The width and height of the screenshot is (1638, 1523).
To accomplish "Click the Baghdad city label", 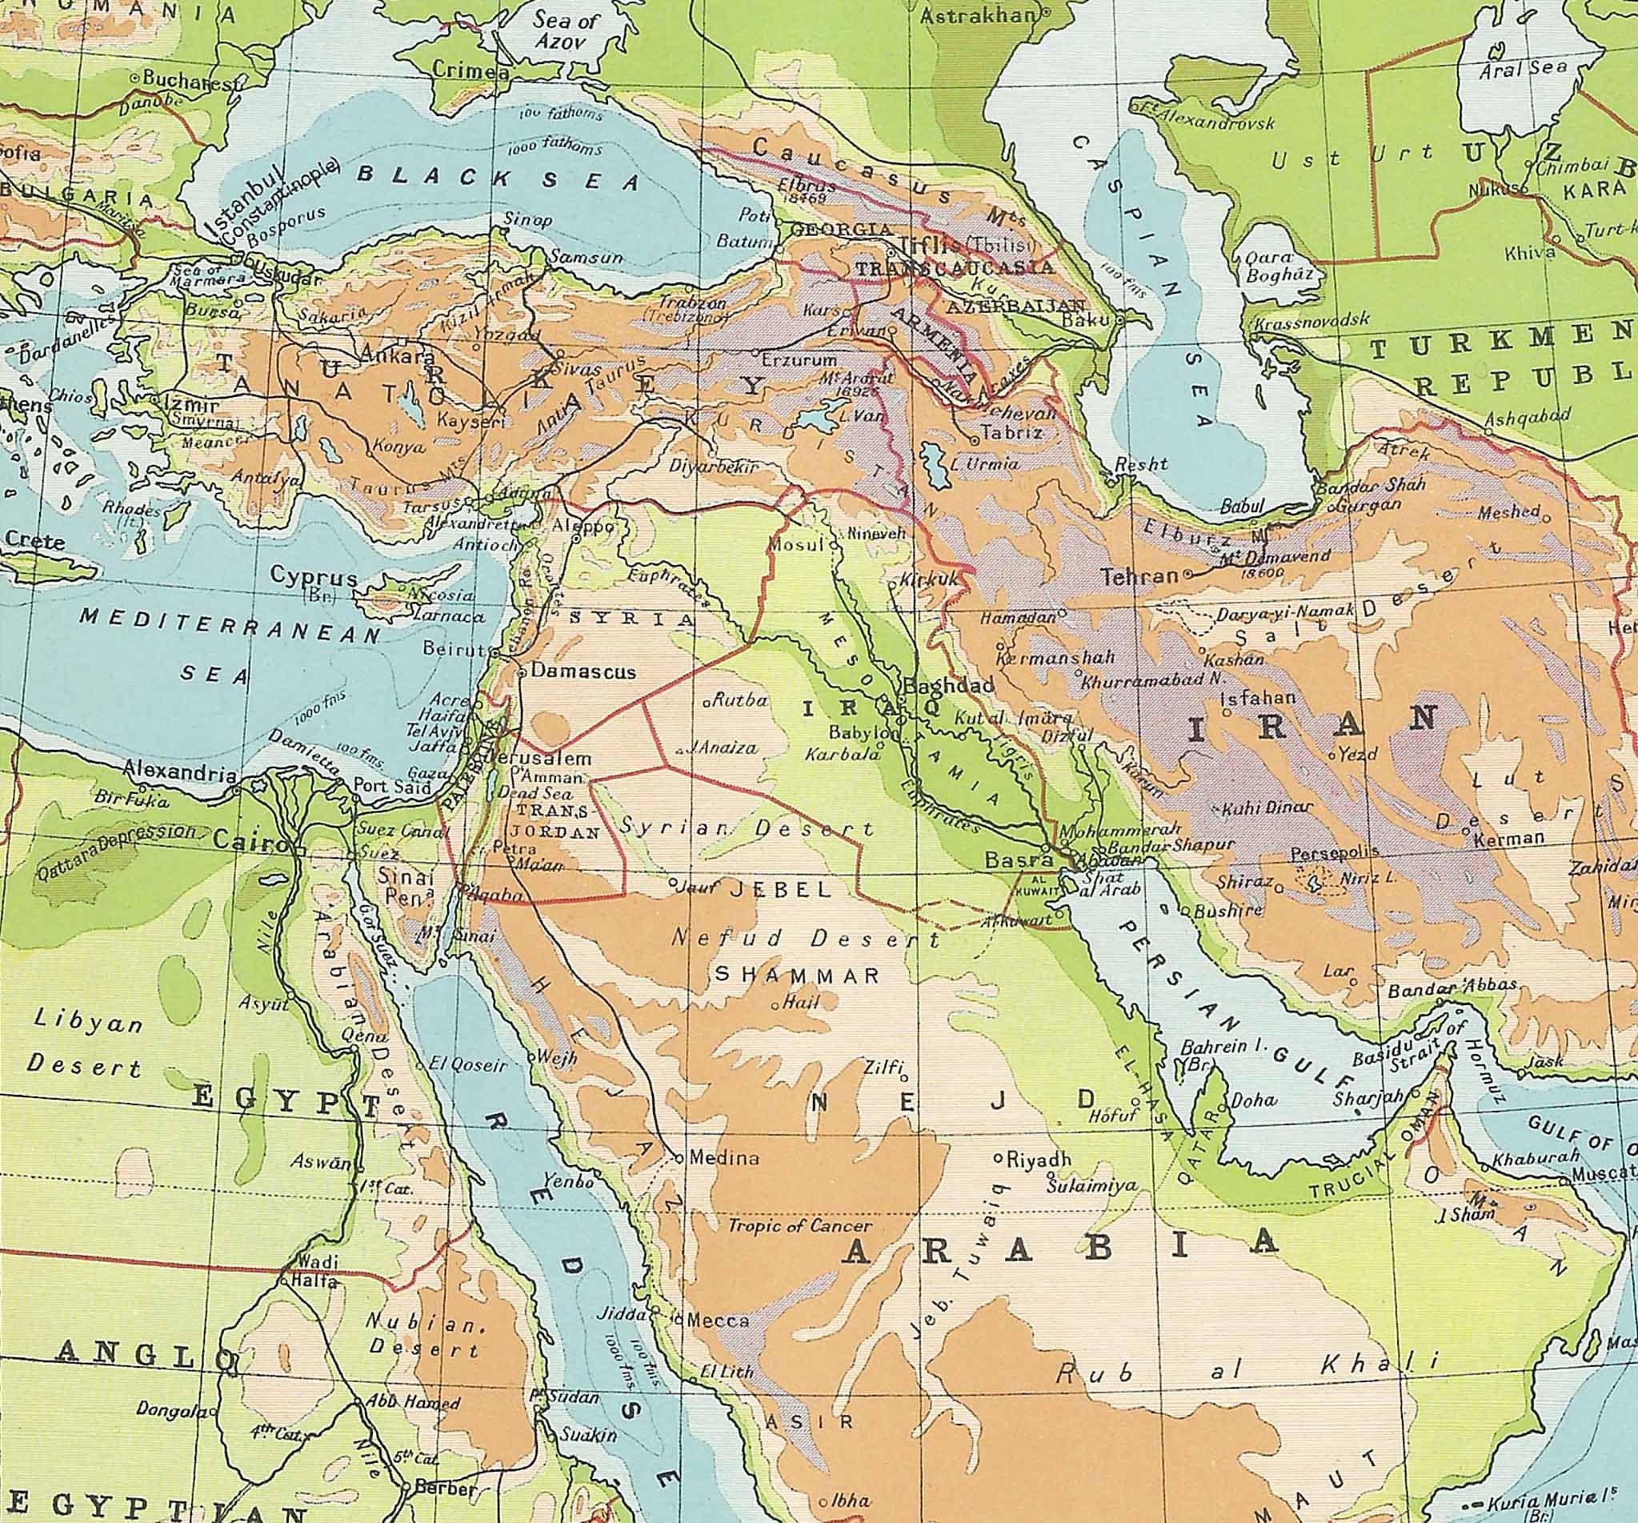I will [x=949, y=686].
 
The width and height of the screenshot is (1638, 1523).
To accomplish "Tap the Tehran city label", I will [x=1140, y=576].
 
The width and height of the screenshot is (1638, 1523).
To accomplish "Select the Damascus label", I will [x=583, y=671].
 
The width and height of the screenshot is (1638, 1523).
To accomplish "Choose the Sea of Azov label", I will [x=563, y=30].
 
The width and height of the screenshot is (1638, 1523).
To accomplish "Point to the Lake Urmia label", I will [x=985, y=463].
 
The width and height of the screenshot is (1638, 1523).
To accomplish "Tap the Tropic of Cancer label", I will [x=787, y=1225].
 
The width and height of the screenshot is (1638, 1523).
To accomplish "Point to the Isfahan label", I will [x=1257, y=698].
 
